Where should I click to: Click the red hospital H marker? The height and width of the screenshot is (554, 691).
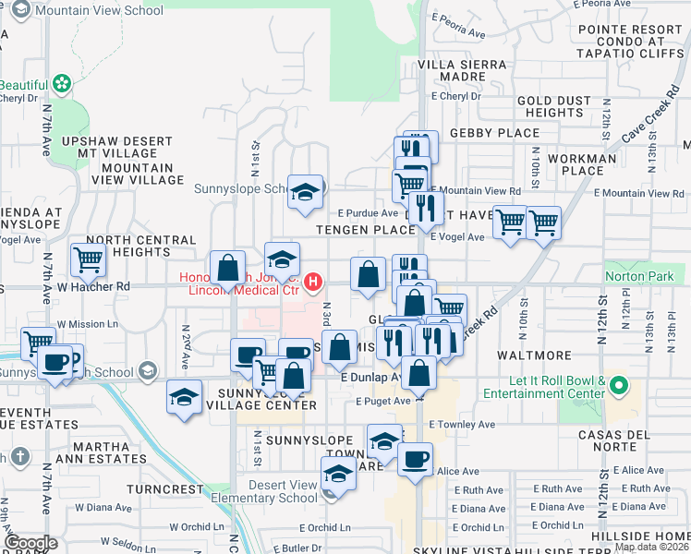point(314,281)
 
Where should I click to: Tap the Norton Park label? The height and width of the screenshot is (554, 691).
point(634,275)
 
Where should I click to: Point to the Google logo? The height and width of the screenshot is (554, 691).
point(30,543)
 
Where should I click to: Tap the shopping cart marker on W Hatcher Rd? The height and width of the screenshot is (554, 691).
point(89,261)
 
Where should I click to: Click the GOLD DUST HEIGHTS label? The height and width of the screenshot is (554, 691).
point(549,106)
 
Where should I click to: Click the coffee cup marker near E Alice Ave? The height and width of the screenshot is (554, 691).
point(416,459)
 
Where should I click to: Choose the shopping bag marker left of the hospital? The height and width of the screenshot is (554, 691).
point(228,269)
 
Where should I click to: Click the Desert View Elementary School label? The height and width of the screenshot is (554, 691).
point(272,492)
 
